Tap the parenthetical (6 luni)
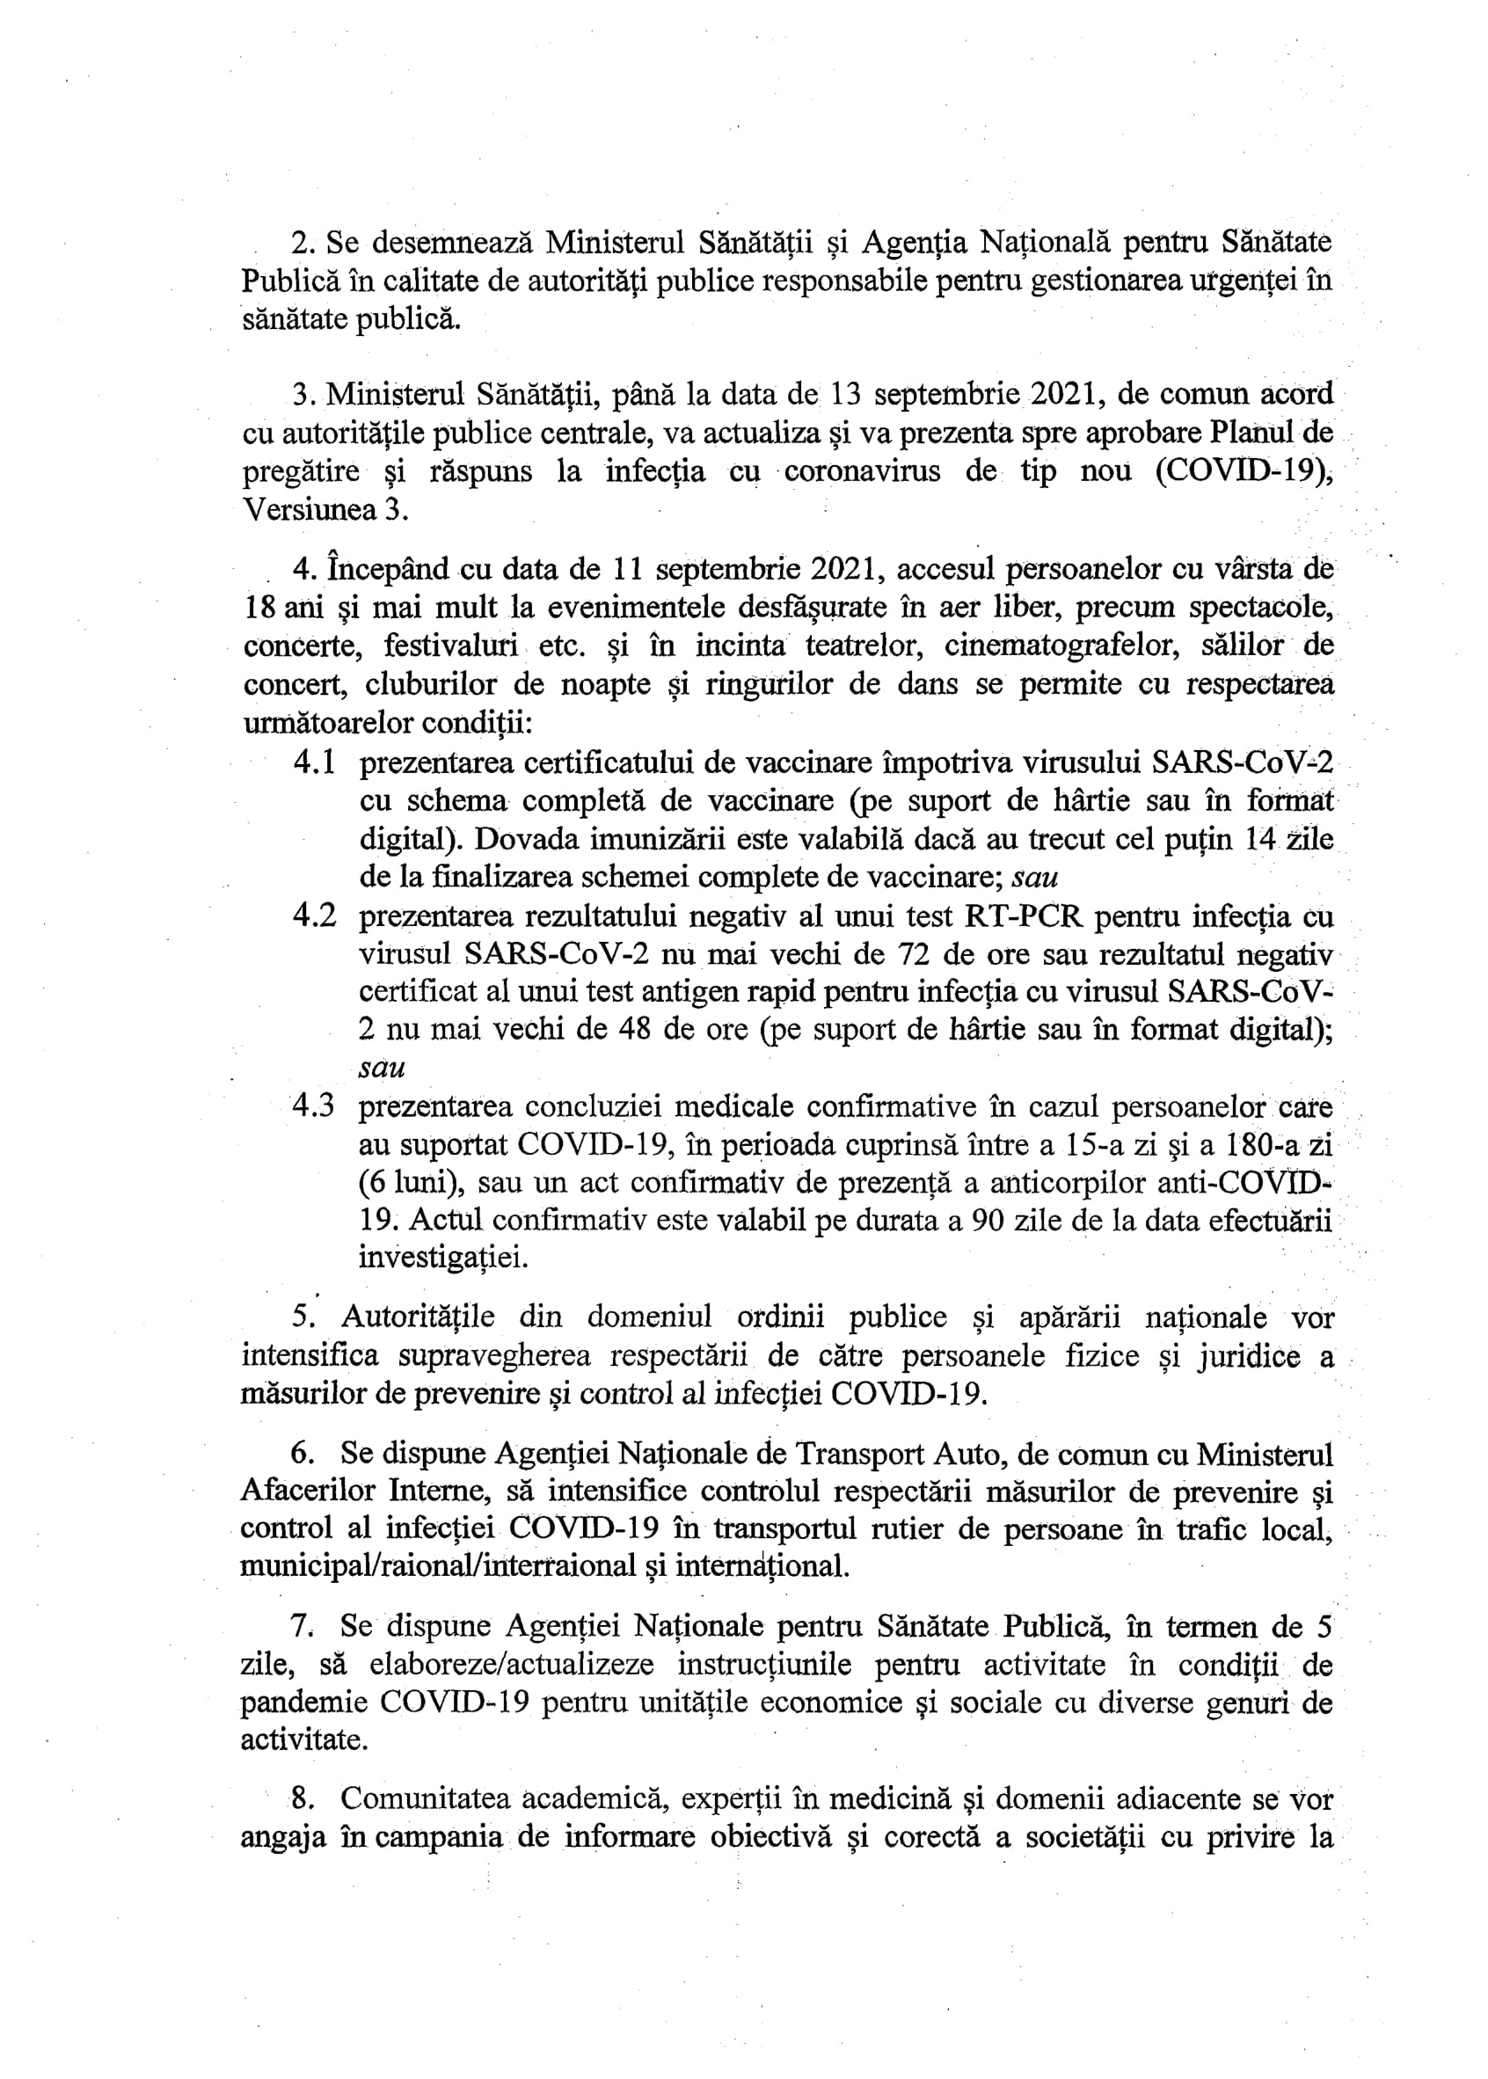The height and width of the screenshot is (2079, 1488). [x=406, y=1183]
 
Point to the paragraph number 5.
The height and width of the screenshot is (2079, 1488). [x=303, y=1317]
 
